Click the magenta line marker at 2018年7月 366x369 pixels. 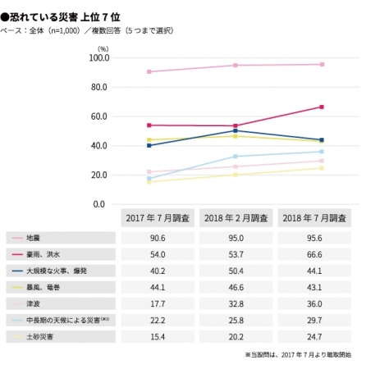pyautogui.click(x=322, y=107)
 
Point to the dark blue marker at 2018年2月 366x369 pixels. pyautogui.click(x=236, y=130)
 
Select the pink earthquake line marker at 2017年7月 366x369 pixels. pyautogui.click(x=149, y=72)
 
